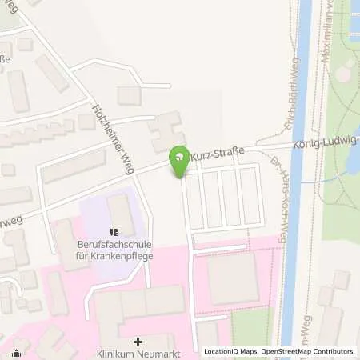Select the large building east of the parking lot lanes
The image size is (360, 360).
[x=233, y=278]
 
